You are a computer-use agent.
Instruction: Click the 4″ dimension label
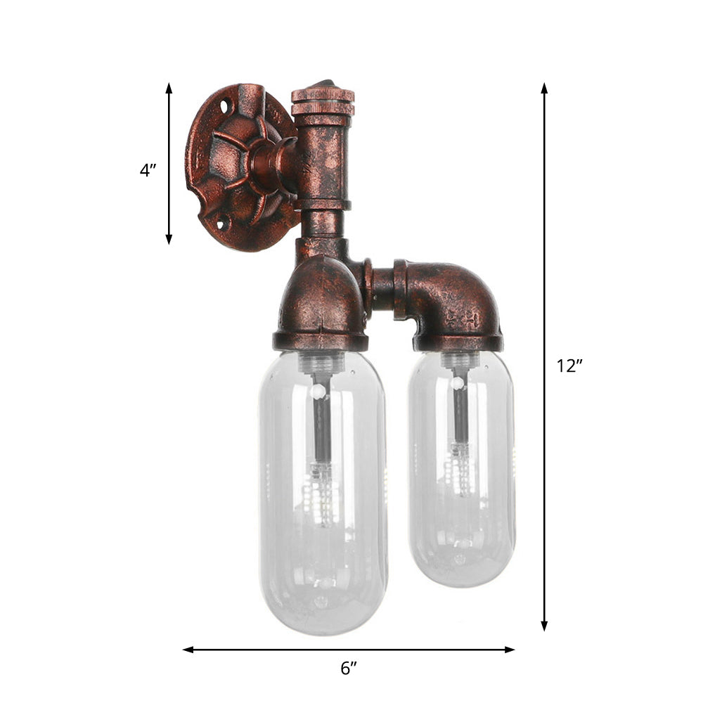click(x=148, y=170)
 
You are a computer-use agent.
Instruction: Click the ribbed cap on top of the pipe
click(x=323, y=102)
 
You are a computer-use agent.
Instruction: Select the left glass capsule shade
click(x=322, y=492)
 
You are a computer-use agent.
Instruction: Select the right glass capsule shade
click(x=461, y=467)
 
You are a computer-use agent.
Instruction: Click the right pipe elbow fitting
click(x=453, y=302)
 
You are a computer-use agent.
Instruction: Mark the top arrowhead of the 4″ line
click(x=169, y=88)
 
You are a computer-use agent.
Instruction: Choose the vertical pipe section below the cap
click(x=323, y=162)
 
